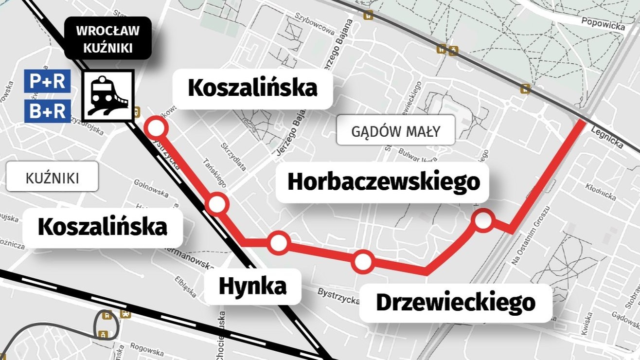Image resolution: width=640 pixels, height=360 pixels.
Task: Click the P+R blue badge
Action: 47,81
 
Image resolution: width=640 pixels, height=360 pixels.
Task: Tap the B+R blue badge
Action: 47,111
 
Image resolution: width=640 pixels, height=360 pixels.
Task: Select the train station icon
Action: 107,95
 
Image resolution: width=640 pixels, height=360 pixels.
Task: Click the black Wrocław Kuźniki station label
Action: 107,38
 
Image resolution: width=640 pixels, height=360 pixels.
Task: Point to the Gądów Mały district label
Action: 395,131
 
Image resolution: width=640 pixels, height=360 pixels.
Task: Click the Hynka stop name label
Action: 252,286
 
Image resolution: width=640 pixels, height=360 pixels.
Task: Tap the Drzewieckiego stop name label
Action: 456,303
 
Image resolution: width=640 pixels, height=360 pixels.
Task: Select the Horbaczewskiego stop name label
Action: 384,182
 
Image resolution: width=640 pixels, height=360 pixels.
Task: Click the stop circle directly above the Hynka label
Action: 279,243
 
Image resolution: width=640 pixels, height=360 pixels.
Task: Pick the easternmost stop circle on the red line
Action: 484,220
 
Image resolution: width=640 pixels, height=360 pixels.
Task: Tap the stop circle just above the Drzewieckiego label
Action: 363,263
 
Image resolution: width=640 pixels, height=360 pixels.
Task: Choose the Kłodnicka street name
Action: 601,192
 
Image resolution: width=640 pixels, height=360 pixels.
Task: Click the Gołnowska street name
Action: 151,189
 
